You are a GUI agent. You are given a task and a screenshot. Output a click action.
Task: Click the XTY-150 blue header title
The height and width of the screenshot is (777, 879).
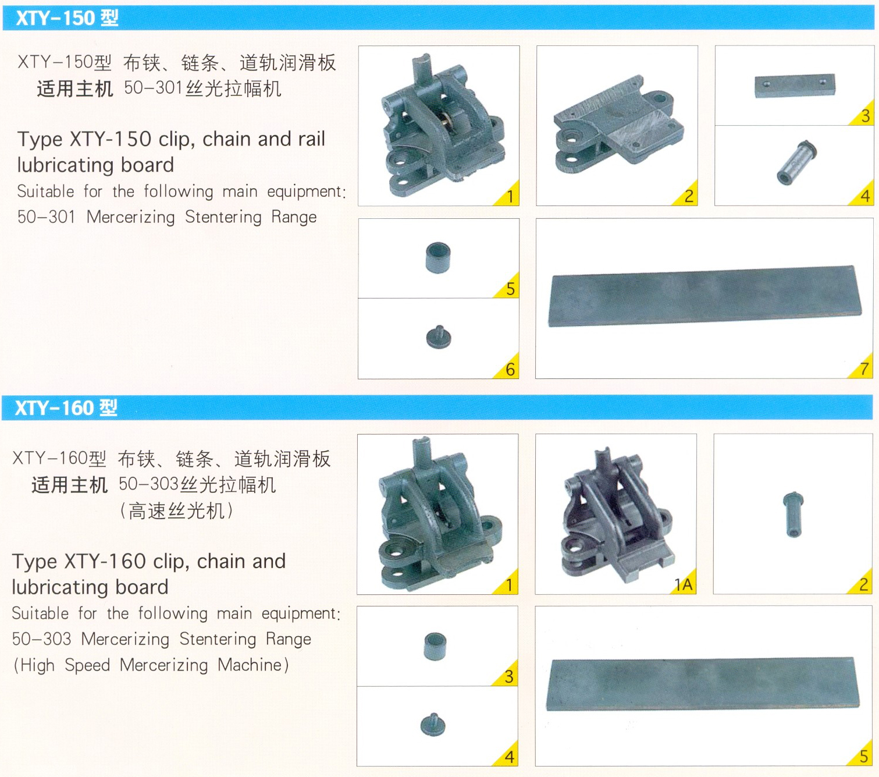point(67,18)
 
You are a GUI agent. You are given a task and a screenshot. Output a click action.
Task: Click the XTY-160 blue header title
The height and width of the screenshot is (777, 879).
point(66,407)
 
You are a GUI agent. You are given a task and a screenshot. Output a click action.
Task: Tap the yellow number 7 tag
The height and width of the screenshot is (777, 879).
point(861,366)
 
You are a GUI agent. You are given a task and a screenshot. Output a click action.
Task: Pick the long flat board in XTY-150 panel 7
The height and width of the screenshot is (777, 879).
point(706,295)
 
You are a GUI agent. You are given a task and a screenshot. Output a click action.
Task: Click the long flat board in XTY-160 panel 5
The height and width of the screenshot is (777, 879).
point(702,684)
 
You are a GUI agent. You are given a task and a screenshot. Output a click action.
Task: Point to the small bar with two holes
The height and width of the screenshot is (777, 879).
point(795,86)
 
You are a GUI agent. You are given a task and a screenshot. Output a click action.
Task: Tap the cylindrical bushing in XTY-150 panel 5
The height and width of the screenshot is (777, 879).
point(438,257)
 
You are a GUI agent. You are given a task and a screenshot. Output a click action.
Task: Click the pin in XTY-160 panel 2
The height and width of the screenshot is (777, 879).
point(793,514)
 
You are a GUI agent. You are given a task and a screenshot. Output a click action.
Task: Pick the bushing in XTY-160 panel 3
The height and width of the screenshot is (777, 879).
point(435,647)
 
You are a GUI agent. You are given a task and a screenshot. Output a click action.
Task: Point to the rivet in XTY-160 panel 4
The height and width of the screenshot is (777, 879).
point(433,725)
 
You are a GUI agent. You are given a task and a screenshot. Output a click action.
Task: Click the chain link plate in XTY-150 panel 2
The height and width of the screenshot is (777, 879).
point(619,125)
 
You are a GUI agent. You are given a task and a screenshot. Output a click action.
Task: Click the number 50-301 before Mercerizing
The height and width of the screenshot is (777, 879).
point(47,217)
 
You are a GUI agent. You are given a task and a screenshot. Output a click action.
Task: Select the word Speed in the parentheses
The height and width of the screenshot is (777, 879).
point(87,665)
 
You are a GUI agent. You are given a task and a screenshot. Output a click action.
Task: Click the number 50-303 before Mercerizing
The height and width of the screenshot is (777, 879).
point(42,639)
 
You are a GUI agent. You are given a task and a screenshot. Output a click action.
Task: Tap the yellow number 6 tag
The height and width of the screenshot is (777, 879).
point(508,366)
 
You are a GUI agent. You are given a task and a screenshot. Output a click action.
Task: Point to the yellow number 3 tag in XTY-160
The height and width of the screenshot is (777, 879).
point(507,673)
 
